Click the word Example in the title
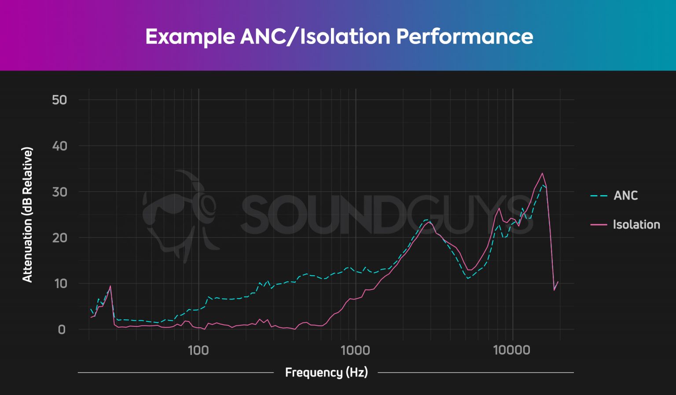(190, 37)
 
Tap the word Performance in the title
(464, 37)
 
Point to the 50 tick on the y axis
(59, 100)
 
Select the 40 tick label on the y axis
(59, 146)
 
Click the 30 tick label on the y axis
(59, 192)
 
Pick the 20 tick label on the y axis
(59, 238)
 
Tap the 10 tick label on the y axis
(60, 284)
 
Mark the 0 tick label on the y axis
(62, 329)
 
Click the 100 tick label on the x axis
(198, 350)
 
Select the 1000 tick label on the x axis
(355, 350)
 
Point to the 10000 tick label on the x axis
(512, 350)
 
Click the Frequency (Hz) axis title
(326, 373)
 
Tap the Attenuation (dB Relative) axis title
(27, 215)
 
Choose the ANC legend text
(625, 196)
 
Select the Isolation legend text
(636, 225)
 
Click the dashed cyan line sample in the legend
(599, 196)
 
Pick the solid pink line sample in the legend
(599, 225)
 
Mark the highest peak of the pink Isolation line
(542, 173)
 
